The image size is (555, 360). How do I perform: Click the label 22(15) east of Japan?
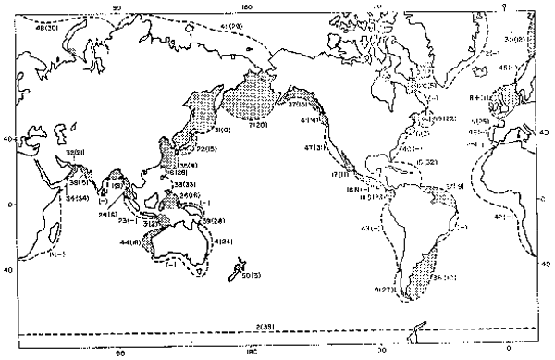pos(207,148)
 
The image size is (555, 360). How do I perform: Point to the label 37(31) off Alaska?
pos(298,105)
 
